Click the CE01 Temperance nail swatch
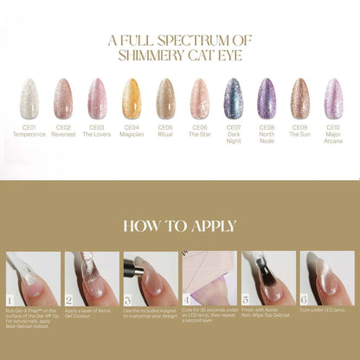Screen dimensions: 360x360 pos(29,98)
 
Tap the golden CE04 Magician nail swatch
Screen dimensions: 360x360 pos(131,98)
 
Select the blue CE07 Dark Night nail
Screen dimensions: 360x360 pos(233,98)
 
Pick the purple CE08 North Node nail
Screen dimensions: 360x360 pos(267,98)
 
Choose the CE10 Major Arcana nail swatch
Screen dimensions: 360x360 pos(334,98)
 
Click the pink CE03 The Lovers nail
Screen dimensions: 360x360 pos(97,98)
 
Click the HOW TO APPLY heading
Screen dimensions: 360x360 pos(180,226)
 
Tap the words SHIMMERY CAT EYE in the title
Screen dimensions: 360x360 pos(180,56)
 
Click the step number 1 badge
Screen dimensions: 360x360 pos(11,299)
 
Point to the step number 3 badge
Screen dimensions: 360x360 pos(127,299)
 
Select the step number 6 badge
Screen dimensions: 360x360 pos(304,299)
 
